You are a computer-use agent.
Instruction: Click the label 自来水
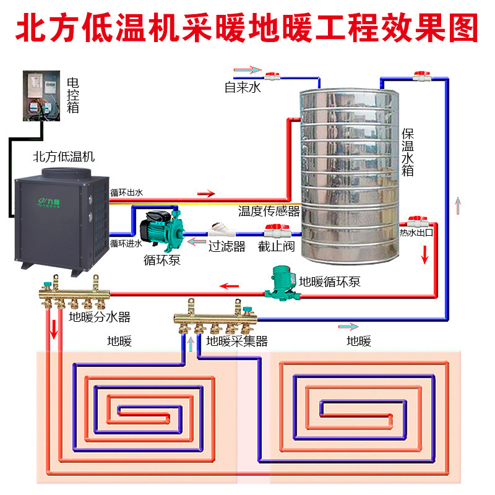[x=243, y=88]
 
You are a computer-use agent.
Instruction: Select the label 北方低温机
[x=64, y=157]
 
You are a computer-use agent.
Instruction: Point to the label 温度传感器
[x=269, y=211]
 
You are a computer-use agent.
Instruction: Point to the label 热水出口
[x=415, y=233]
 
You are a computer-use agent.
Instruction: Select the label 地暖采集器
[x=237, y=340]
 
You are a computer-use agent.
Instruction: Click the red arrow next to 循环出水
[x=206, y=194]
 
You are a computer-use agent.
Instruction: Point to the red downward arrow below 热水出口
[x=424, y=254]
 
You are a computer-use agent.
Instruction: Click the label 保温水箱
[x=407, y=152]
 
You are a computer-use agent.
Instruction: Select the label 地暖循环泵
[x=330, y=282]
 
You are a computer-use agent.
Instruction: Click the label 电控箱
[x=72, y=95]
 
